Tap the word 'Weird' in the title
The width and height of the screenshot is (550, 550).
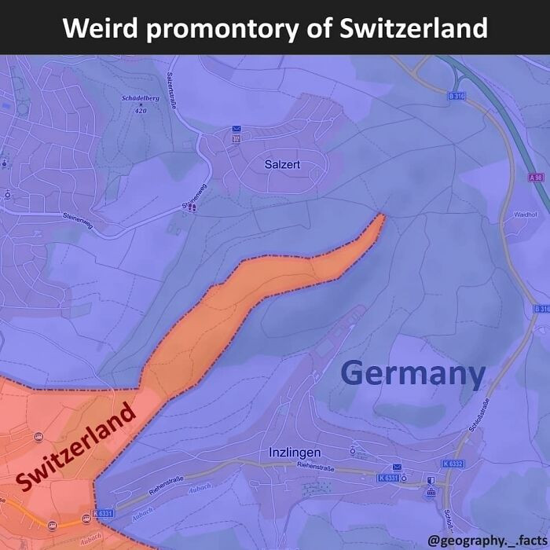pos(101,28)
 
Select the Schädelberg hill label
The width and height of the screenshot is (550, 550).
pos(141,99)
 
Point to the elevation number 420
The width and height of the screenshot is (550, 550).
pos(141,111)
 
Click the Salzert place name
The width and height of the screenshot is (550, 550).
pos(282,164)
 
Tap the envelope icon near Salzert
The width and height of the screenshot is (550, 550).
pos(236,129)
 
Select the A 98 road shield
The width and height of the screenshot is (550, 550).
pos(536,178)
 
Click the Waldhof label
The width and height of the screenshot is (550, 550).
pos(525,214)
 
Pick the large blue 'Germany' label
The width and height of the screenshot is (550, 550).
pos(413,373)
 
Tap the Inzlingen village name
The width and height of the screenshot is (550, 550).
pos(295,453)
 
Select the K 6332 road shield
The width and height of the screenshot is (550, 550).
pos(453,464)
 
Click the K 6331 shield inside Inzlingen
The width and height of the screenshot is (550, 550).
pos(388,478)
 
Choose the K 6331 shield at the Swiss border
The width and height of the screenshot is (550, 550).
pos(104,514)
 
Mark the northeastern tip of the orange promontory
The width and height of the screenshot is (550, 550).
pos(382,214)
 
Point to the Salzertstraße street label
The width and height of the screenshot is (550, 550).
pos(171,91)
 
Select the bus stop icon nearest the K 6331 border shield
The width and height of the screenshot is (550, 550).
pos(86,518)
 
